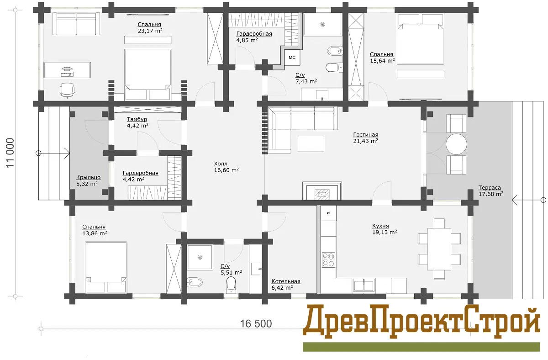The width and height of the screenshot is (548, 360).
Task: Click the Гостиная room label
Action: coord(365,135)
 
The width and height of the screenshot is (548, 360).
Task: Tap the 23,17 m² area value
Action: coord(150,31)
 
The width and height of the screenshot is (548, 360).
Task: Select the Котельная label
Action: coord(286,281)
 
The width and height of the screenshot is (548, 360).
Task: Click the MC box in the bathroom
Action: coord(292,58)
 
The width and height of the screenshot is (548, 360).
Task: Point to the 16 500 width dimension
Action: coord(256,323)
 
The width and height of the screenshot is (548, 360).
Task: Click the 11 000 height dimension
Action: coord(11,153)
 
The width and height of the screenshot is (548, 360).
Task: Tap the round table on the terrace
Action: coord(456,144)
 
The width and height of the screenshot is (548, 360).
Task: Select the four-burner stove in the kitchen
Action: coord(328,259)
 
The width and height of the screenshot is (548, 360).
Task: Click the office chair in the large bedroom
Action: coord(67,90)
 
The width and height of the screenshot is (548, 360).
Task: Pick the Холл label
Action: coord(221,164)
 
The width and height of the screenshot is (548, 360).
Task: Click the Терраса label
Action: coord(490,188)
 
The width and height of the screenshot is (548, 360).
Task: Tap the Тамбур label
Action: coord(137,119)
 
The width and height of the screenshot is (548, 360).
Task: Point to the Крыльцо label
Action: coord(88,177)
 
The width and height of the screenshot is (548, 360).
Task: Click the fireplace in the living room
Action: coord(322,191)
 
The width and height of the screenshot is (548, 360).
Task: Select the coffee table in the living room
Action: coord(311,144)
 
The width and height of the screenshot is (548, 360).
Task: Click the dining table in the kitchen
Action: coord(439,249)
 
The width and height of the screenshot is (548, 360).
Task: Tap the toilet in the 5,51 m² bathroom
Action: coord(231,285)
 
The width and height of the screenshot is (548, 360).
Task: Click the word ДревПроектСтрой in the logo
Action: coord(421,322)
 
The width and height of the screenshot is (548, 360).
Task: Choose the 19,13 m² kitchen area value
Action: coord(385,232)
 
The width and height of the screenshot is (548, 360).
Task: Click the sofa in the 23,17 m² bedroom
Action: coord(76,24)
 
